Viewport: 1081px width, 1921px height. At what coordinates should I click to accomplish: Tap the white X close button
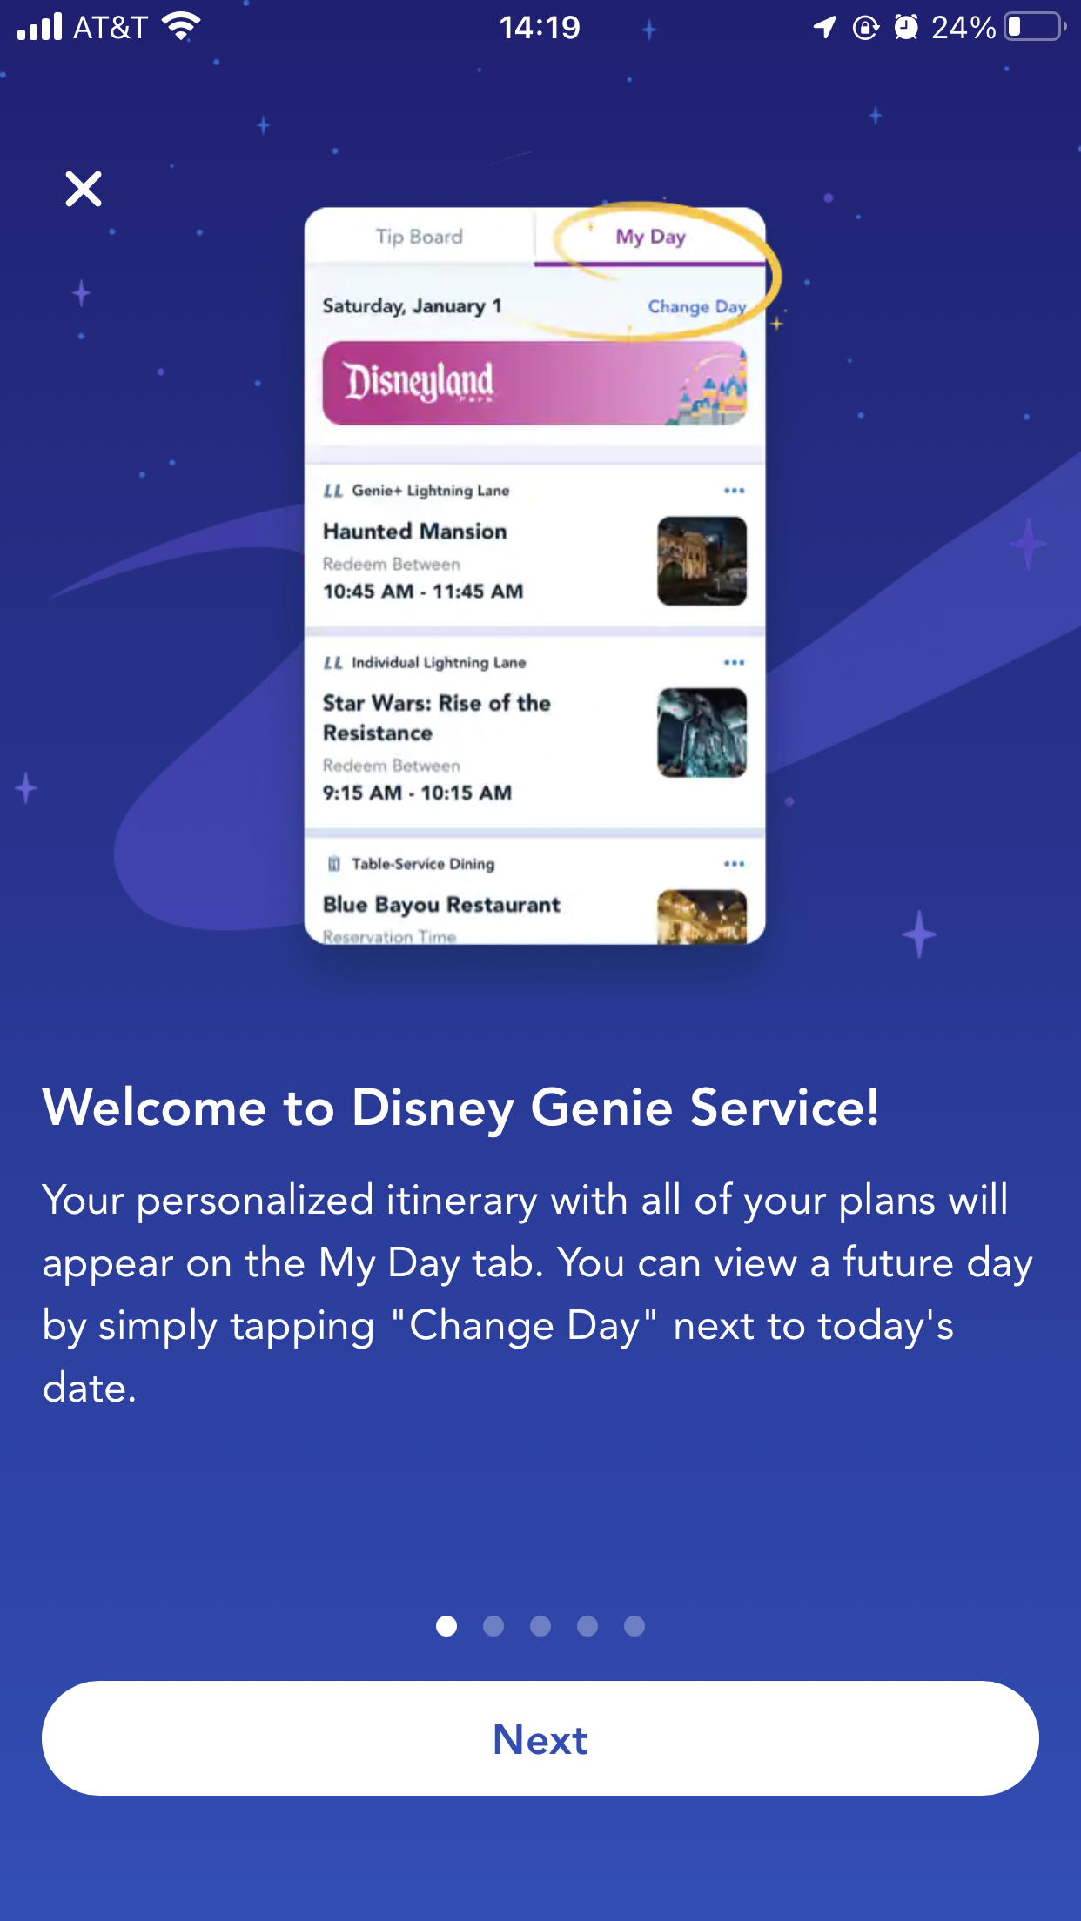click(84, 189)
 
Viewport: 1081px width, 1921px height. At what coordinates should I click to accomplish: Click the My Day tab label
click(650, 237)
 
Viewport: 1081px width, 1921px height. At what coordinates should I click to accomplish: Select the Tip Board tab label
click(419, 237)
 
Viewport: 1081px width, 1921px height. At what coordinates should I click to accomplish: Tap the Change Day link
click(696, 306)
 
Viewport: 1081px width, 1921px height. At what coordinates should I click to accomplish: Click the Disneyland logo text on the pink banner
click(419, 382)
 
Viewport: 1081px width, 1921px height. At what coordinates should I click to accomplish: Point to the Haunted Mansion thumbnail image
click(702, 561)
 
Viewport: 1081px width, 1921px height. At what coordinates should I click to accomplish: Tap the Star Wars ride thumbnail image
click(702, 733)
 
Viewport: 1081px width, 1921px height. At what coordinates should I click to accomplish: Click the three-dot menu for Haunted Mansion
click(734, 491)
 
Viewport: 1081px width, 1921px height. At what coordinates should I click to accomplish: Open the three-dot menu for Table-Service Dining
click(734, 864)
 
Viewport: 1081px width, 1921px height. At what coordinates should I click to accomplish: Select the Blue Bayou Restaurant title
click(441, 905)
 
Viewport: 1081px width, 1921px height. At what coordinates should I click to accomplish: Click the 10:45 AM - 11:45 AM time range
click(423, 592)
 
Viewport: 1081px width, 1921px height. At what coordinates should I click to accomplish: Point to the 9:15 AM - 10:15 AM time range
click(417, 793)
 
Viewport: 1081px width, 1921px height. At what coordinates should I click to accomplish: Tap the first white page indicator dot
click(446, 1626)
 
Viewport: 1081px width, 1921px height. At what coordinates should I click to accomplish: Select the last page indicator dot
click(634, 1626)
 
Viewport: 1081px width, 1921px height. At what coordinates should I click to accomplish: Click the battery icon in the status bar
click(1035, 27)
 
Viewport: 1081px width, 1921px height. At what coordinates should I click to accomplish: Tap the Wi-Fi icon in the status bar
click(181, 27)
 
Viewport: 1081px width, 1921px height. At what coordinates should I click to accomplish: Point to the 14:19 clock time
click(540, 28)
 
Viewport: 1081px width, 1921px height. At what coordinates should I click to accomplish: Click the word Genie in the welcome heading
click(601, 1108)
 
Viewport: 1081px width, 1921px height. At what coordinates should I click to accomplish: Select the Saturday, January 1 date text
click(412, 306)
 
